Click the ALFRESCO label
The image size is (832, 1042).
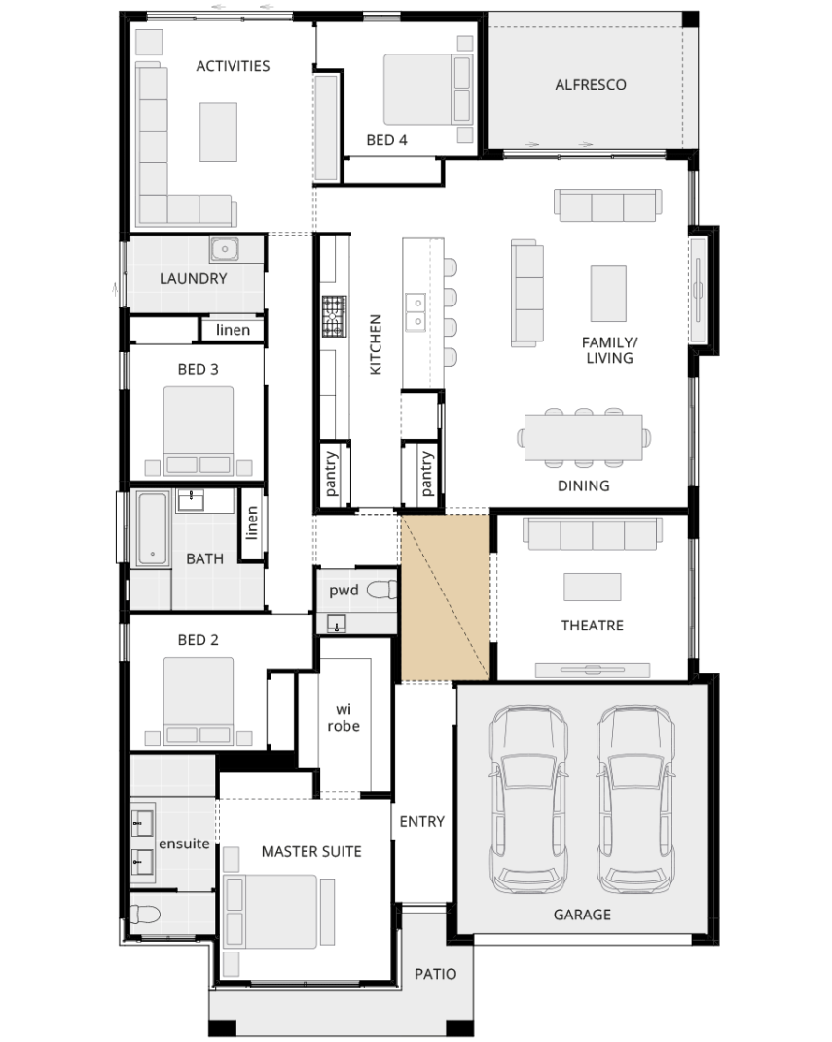590,85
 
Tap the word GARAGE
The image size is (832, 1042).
582,915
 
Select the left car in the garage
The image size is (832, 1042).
529,799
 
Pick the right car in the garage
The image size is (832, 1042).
636,799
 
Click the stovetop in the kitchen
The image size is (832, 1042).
335,316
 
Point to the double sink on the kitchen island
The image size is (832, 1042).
416,312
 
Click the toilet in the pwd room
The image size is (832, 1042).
382,589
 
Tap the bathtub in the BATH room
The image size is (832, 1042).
152,528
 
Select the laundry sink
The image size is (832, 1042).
225,249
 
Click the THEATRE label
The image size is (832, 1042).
592,626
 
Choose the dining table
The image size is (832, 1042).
584,437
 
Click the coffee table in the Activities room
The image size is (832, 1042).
219,131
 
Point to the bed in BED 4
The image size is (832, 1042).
428,90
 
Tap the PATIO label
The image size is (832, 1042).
435,974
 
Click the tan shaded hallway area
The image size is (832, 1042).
446,596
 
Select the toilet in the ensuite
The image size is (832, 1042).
145,916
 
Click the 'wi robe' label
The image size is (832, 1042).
343,718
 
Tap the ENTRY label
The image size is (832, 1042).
422,822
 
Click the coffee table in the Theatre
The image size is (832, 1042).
592,587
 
